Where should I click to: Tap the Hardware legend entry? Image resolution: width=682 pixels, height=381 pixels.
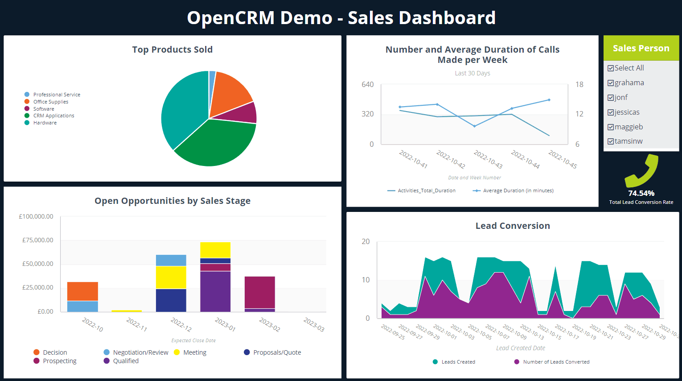pyautogui.click(x=45, y=123)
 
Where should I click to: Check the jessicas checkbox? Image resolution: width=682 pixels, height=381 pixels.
pyautogui.click(x=611, y=112)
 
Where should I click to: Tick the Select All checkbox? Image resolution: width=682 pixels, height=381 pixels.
pyautogui.click(x=611, y=68)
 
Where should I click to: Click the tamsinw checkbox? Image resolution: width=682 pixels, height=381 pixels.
pyautogui.click(x=611, y=141)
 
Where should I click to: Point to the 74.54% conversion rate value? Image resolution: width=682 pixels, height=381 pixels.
pyautogui.click(x=641, y=193)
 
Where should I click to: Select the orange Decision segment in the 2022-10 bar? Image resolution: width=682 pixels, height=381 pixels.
pyautogui.click(x=82, y=291)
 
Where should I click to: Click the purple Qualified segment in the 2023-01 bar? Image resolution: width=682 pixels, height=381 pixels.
pyautogui.click(x=215, y=291)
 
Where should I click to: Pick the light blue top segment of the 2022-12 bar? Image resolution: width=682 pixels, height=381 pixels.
pyautogui.click(x=171, y=260)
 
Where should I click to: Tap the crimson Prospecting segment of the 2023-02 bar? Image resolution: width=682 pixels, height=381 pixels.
pyautogui.click(x=260, y=292)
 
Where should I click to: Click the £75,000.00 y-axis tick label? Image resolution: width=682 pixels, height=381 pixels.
pyautogui.click(x=38, y=240)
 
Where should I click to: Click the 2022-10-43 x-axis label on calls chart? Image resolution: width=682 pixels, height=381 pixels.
pyautogui.click(x=488, y=160)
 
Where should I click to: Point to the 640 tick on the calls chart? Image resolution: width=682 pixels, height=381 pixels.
pyautogui.click(x=368, y=84)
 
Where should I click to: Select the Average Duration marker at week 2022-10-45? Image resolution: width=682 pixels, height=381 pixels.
pyautogui.click(x=549, y=100)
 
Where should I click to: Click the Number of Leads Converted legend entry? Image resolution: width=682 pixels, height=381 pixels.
pyautogui.click(x=556, y=362)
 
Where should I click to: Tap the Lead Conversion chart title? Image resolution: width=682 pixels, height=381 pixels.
pyautogui.click(x=513, y=226)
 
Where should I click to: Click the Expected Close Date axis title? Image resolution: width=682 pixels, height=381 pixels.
pyautogui.click(x=193, y=340)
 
